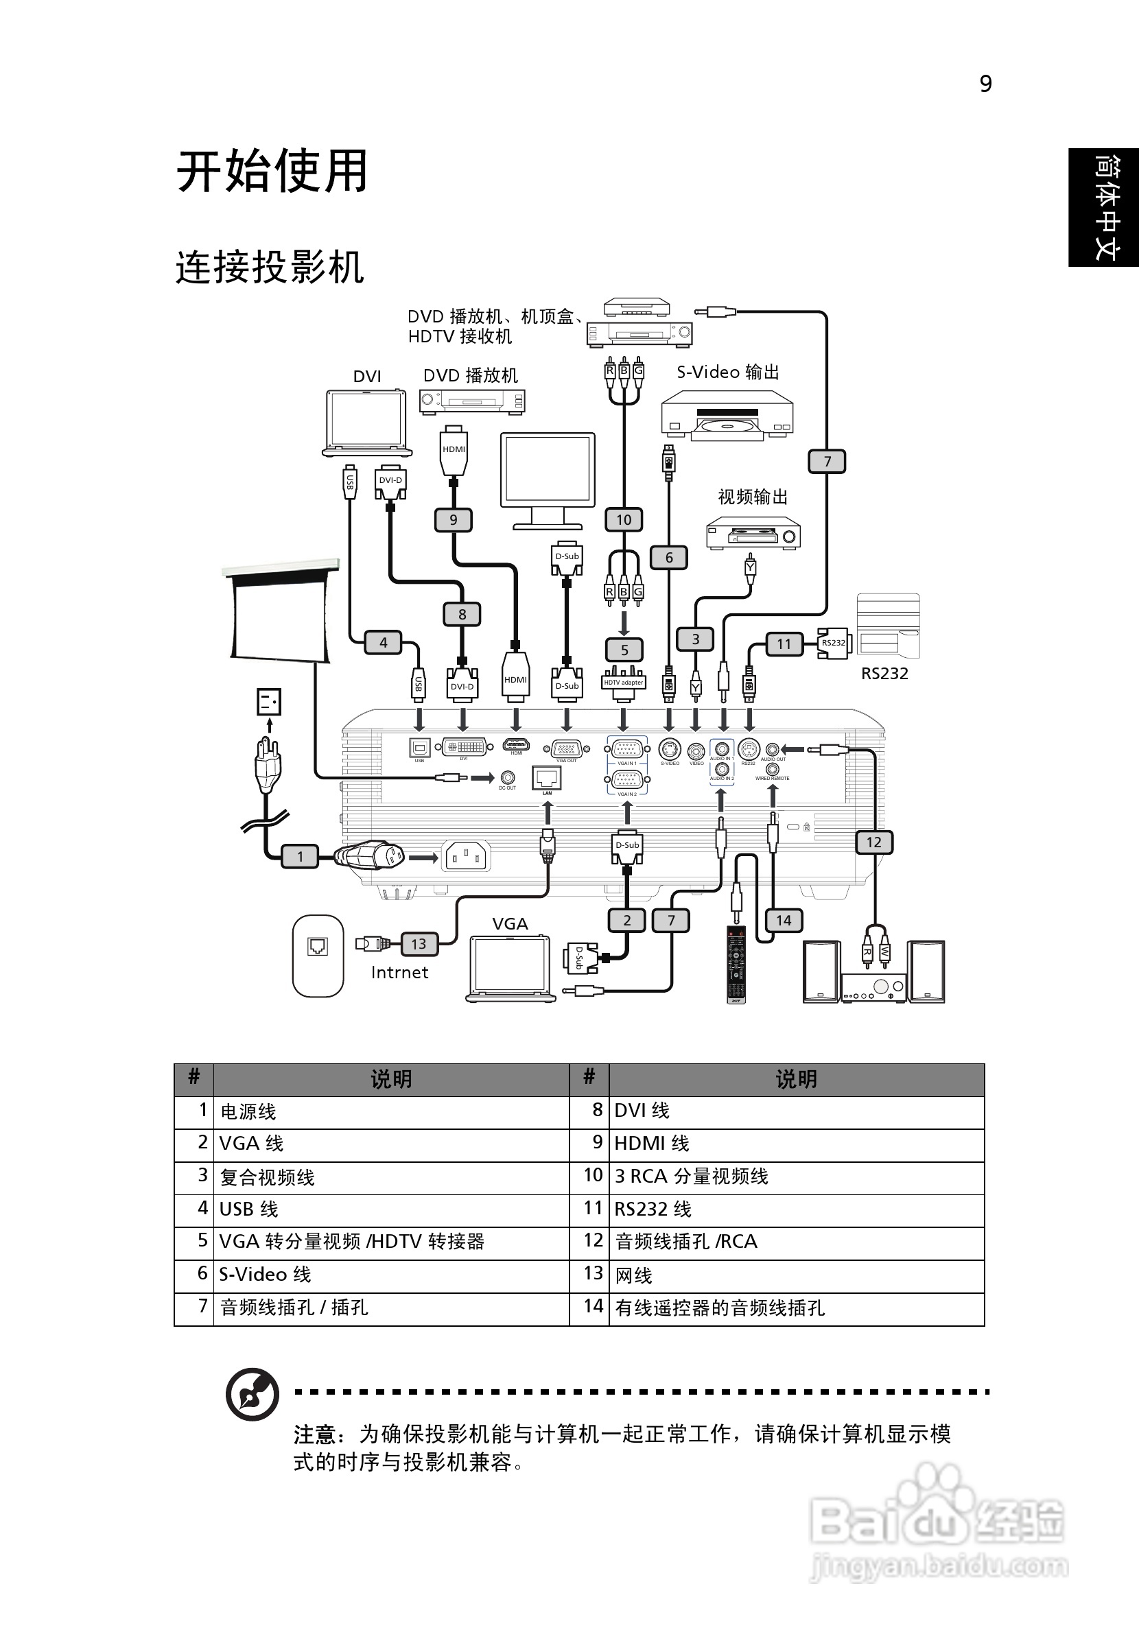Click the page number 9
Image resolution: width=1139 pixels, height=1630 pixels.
point(985,84)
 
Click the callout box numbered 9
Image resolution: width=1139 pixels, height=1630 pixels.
point(453,520)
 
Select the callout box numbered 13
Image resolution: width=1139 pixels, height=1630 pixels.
point(419,943)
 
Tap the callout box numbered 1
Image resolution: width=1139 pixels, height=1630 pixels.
point(300,856)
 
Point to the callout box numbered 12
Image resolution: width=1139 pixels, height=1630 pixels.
point(873,842)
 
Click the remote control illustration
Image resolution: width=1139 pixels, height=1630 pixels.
point(736,964)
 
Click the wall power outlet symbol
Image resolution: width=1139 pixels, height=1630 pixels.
point(269,702)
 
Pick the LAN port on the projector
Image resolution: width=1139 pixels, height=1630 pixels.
point(547,778)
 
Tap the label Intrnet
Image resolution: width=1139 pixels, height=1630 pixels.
point(399,973)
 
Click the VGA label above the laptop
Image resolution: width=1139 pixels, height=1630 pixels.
point(510,923)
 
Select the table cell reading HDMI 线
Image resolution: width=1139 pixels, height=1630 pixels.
point(795,1143)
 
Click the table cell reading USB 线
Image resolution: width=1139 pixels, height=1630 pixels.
point(390,1208)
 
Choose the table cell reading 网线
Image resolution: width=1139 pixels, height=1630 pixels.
point(795,1275)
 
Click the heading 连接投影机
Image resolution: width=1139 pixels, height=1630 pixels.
point(270,268)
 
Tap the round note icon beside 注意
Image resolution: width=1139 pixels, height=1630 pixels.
point(252,1393)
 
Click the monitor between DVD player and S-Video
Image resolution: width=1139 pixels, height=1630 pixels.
point(548,480)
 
